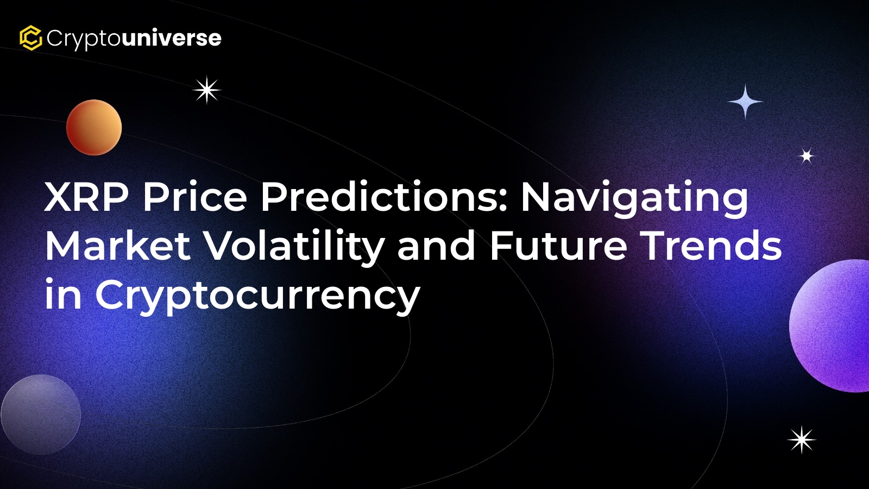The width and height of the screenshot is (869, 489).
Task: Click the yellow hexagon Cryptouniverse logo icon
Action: point(30,38)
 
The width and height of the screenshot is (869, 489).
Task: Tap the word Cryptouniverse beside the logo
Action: point(134,39)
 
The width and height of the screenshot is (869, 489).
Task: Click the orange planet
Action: point(94,127)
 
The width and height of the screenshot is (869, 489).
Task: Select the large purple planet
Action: point(830,326)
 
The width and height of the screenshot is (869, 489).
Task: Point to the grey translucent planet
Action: point(41,415)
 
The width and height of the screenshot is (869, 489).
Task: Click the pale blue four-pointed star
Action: point(745,102)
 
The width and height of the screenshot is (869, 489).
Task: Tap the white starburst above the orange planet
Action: point(207,90)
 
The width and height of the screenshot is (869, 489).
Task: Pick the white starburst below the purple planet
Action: point(802,440)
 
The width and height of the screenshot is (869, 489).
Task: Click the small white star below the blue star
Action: point(807,156)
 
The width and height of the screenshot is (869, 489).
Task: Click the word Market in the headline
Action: point(118,246)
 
